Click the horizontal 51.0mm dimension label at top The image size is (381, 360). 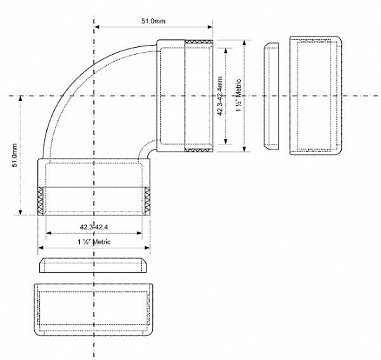tap(154, 21)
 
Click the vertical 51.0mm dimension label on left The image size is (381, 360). tap(15, 155)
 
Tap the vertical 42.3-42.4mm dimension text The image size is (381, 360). tap(220, 96)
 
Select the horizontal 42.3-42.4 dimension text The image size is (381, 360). tap(94, 227)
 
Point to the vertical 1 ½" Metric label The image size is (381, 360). tap(239, 95)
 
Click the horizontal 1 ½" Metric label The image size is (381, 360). tap(94, 242)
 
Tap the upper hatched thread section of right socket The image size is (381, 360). tap(199, 42)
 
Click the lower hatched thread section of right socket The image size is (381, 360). tap(199, 150)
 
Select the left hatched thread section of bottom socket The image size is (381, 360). tap(40, 201)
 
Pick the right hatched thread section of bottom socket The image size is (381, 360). tap(147, 201)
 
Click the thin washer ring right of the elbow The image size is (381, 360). tap(271, 96)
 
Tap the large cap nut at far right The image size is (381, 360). tap(315, 95)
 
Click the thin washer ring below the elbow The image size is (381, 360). tap(93, 265)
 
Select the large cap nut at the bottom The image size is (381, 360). tap(93, 309)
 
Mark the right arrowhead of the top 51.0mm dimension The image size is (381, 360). tap(210, 27)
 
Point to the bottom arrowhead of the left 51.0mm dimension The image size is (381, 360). tap(20, 212)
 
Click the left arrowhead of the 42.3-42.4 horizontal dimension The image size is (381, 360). tap(49, 233)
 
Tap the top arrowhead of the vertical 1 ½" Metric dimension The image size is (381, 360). tap(244, 43)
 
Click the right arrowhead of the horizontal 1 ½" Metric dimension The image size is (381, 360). tap(147, 248)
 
